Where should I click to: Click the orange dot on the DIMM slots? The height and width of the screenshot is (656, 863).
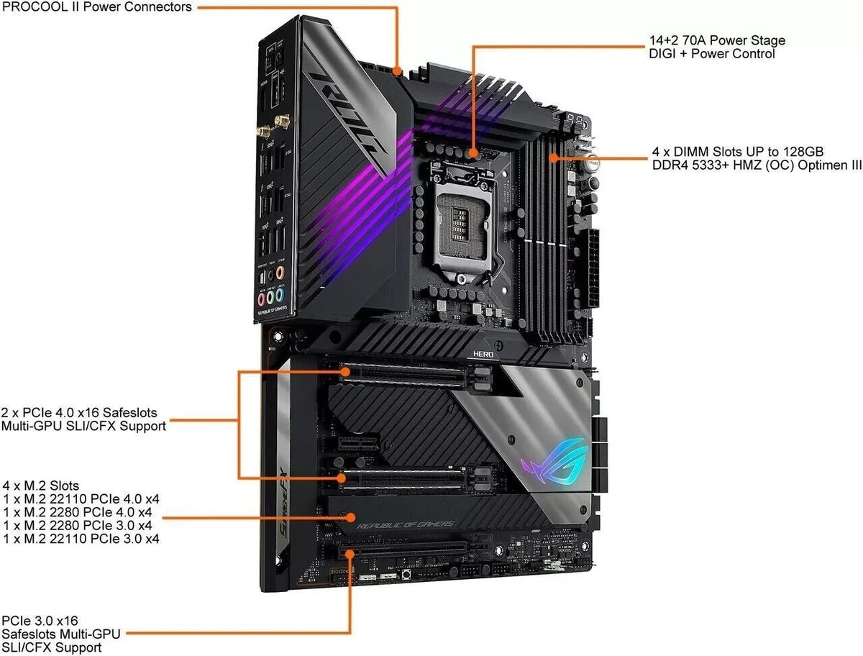(552, 156)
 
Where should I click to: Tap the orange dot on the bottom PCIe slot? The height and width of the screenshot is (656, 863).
(350, 553)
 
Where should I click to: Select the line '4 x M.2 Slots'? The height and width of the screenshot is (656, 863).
(42, 486)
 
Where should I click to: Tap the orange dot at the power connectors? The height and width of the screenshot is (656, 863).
(398, 71)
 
